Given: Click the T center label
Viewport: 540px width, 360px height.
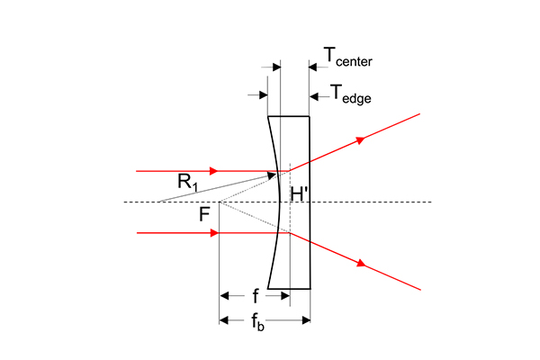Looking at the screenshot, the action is point(347,57).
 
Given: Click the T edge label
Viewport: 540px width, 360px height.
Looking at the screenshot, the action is point(351,94).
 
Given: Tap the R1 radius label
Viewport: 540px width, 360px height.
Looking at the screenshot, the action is point(188,183).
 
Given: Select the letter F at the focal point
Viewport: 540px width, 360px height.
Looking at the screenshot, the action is point(204,214).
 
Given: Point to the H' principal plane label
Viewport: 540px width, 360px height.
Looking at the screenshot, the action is point(299,194).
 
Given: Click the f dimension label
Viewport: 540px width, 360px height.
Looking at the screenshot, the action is point(256,296).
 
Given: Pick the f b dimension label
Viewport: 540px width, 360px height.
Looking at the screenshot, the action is point(258,323).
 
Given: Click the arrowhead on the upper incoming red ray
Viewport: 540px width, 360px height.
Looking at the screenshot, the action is point(214,171).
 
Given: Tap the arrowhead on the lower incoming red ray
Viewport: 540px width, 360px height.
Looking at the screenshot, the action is point(214,233).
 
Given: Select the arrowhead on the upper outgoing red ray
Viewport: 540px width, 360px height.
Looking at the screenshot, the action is point(360,139).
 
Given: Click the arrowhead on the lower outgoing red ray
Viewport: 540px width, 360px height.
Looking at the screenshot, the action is point(361,264).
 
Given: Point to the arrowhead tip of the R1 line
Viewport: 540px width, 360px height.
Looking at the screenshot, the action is point(276,174).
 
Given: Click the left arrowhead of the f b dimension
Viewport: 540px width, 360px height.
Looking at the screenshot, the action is point(224,320).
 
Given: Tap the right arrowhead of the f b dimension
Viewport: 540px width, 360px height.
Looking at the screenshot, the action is point(306,320).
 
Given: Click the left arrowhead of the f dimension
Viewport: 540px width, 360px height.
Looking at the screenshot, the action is point(224,295).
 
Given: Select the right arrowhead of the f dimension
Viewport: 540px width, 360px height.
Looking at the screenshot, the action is point(285,295).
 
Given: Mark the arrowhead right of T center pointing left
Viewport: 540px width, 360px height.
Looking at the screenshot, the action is point(312,67).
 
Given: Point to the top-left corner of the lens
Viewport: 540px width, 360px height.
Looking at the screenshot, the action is point(268,116).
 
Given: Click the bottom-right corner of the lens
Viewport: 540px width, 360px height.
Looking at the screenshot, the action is point(310,289).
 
